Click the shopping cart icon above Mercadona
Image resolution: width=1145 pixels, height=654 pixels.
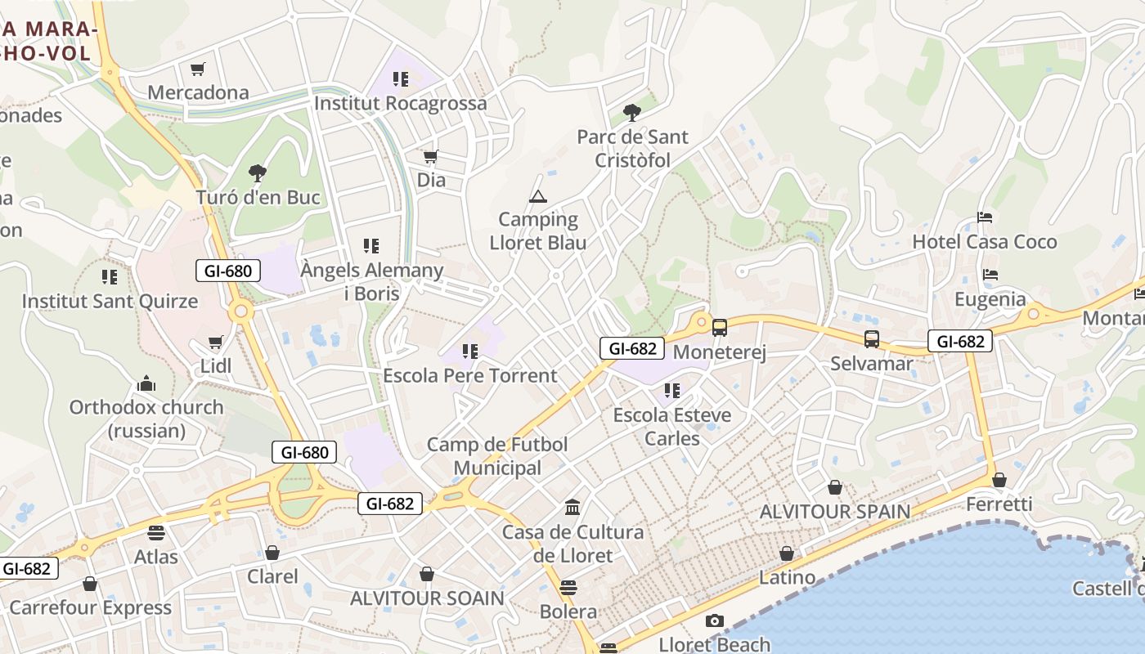[x=197, y=69]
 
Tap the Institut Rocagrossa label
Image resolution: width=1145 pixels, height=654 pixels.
[x=400, y=104]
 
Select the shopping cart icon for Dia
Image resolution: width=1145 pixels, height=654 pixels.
[x=430, y=156]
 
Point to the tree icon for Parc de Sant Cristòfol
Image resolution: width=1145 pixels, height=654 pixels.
[x=631, y=112]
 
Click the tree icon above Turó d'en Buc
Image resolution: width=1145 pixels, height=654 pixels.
[x=257, y=172]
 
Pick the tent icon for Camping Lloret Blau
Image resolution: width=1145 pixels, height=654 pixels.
[x=537, y=196]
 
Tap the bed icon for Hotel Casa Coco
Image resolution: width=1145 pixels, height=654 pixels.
[x=985, y=217]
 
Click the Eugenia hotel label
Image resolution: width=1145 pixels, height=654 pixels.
[x=990, y=299]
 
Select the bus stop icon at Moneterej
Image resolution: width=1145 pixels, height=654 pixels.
[x=719, y=328]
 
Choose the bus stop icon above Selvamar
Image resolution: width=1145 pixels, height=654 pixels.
[x=872, y=338]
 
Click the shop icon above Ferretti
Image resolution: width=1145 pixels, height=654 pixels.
[x=999, y=479]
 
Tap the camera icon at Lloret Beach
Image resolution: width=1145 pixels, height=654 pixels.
[x=714, y=620]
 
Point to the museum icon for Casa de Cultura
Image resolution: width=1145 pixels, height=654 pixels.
[x=572, y=508]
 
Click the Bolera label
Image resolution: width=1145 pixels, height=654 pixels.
[x=568, y=611]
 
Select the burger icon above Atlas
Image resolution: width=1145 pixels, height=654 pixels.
[x=156, y=533]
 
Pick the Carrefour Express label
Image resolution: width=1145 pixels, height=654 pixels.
[x=90, y=607]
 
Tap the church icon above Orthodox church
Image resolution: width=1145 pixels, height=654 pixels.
[x=146, y=383]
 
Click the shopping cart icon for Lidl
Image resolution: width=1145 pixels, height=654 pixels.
[x=215, y=343]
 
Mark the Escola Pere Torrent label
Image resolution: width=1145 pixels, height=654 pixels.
[x=469, y=376]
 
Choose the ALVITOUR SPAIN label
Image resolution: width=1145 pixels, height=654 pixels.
[x=834, y=512]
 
